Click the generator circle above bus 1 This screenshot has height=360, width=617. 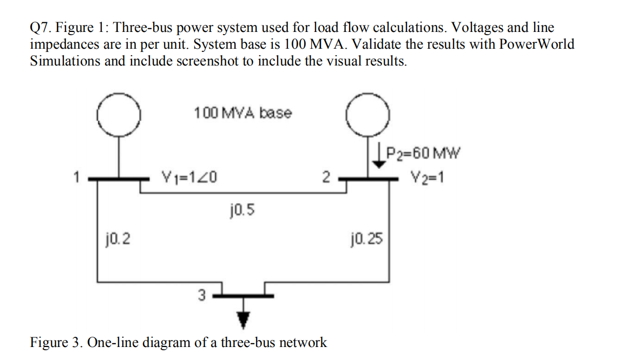click(x=119, y=116)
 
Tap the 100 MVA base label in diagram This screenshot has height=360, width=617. click(x=242, y=113)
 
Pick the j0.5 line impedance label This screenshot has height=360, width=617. click(x=240, y=207)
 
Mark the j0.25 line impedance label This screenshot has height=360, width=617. click(x=367, y=238)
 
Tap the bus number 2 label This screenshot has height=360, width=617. click(x=325, y=176)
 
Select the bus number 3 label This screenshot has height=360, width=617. click(x=201, y=296)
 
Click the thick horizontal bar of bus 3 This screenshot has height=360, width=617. click(x=244, y=296)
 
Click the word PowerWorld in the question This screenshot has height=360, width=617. click(x=534, y=44)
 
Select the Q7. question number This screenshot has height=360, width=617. click(x=41, y=27)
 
